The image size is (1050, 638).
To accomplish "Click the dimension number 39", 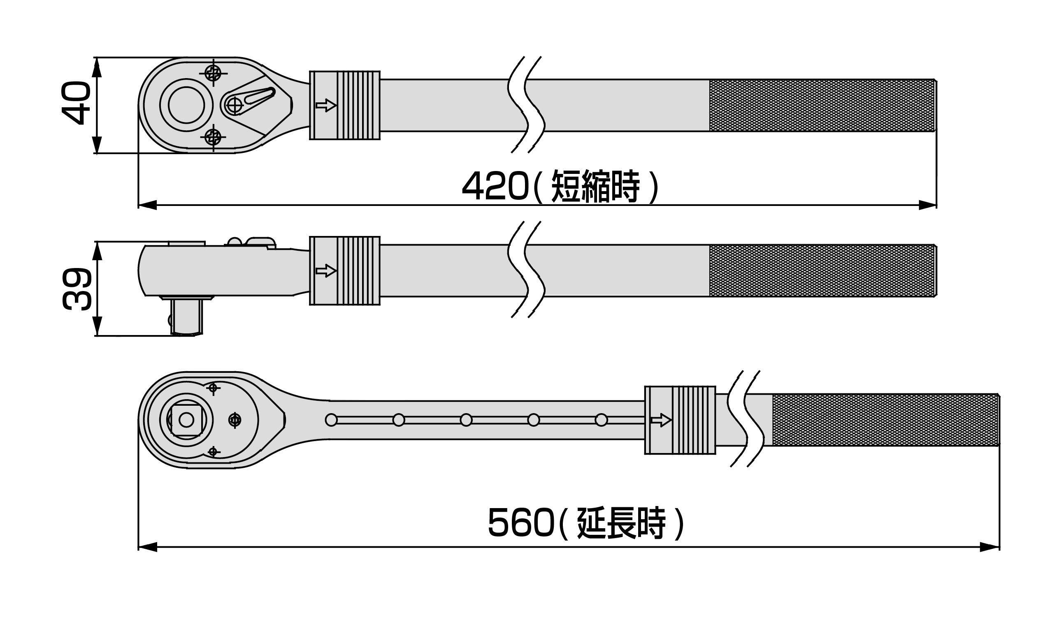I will click(x=77, y=289).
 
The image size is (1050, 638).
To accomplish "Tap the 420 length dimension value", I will click(x=494, y=187).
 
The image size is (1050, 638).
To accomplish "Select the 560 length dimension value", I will click(x=520, y=522).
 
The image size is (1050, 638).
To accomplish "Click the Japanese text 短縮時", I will click(x=595, y=187).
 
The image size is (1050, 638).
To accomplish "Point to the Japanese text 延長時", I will click(x=621, y=522).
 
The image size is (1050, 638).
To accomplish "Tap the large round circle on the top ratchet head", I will click(x=186, y=105).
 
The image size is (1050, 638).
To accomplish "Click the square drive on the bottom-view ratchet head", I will click(x=186, y=421).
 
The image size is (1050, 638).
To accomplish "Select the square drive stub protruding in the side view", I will click(x=187, y=317).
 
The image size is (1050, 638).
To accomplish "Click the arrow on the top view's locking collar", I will click(x=326, y=105).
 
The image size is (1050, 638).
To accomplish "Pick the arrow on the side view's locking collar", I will click(x=326, y=270).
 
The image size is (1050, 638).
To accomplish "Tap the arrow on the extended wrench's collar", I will click(x=661, y=421).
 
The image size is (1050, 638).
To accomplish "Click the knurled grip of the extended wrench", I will click(x=885, y=420).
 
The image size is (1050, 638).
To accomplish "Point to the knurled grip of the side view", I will click(x=822, y=270).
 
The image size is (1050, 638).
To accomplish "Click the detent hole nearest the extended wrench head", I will click(x=331, y=421).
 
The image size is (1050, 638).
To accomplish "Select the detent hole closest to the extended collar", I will click(x=601, y=421).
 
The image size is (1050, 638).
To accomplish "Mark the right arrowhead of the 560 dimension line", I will click(x=990, y=547).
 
